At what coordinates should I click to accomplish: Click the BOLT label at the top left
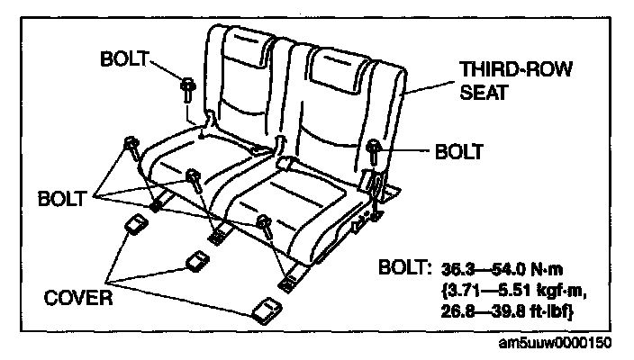[126, 59]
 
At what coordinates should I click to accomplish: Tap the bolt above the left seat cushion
[187, 87]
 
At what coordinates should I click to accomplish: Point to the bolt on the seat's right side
[373, 148]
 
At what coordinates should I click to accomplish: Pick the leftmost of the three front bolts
[131, 145]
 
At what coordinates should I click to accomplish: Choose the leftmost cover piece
[136, 224]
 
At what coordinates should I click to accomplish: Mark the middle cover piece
[196, 261]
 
